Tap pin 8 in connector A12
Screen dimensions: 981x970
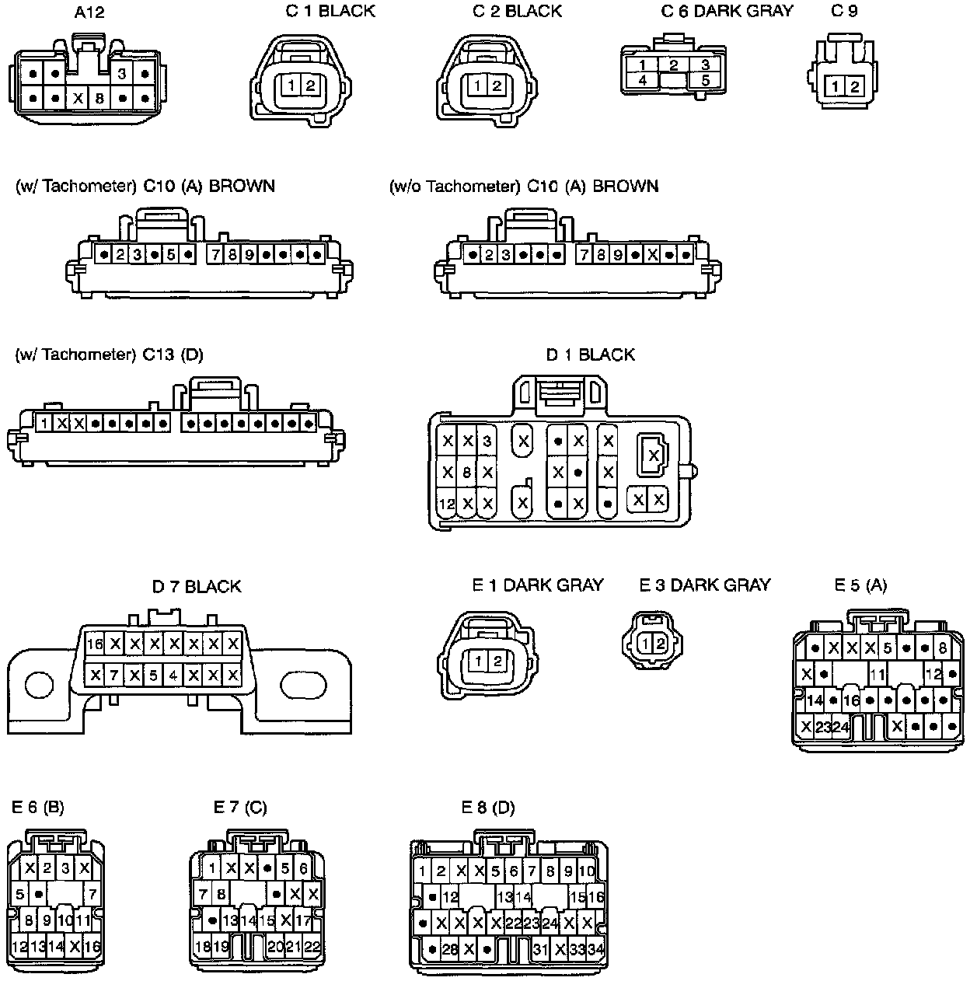coord(99,99)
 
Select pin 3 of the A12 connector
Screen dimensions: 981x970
coord(122,75)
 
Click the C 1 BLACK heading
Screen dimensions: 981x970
coord(330,11)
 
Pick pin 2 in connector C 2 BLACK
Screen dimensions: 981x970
coord(497,86)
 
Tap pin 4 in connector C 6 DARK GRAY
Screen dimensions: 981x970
coord(643,80)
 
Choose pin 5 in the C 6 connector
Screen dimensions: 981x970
coord(705,80)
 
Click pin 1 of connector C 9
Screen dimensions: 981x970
coord(835,86)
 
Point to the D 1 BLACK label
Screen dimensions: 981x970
coord(590,354)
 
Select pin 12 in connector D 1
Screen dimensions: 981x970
coord(446,504)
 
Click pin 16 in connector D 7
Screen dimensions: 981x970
coord(95,644)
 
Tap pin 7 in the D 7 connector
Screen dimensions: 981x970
coord(114,675)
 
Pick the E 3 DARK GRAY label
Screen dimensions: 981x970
coord(704,585)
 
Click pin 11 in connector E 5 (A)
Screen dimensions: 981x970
coord(877,675)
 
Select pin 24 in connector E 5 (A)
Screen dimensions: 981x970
coord(841,727)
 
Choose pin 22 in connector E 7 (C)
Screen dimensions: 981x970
coord(312,947)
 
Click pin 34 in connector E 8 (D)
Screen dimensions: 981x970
coord(596,949)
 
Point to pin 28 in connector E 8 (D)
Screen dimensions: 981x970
coord(450,949)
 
